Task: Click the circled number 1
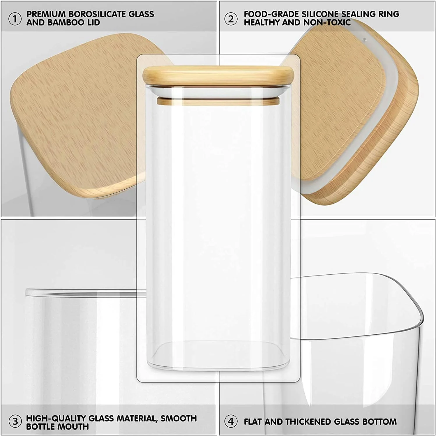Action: (15, 19)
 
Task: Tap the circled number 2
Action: (231, 19)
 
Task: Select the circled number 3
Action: (15, 421)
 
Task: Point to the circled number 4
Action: (231, 421)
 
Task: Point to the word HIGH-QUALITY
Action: (56, 418)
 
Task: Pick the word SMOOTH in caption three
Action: (179, 418)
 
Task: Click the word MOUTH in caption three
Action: (74, 427)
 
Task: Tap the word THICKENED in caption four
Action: (308, 421)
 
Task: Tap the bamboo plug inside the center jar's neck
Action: (218, 101)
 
